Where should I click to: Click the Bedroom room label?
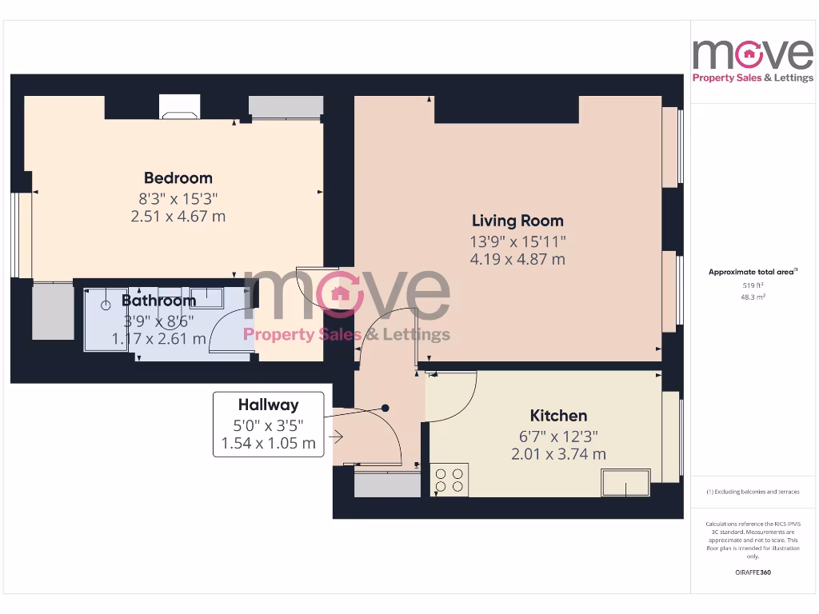(178, 177)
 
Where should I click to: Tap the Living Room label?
(517, 221)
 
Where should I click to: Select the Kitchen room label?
(558, 416)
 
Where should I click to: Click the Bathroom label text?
(158, 301)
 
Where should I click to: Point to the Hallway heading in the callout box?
(268, 405)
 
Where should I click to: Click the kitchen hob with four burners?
(449, 480)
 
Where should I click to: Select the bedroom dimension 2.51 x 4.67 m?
(178, 216)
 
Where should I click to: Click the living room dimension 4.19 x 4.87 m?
(517, 259)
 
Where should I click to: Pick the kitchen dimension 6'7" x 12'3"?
(558, 437)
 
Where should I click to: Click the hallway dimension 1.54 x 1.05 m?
(268, 443)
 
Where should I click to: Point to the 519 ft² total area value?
(752, 285)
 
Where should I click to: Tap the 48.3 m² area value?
(752, 297)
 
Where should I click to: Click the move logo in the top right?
(752, 60)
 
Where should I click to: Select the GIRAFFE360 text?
(752, 572)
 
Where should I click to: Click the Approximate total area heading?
(752, 273)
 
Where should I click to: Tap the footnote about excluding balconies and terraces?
(752, 492)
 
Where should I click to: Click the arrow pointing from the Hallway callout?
(335, 437)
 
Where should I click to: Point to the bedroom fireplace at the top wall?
(179, 107)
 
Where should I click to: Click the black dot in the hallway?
(385, 408)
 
